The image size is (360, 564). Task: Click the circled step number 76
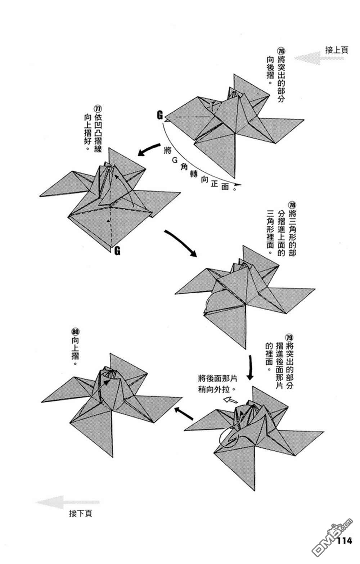coord(281,51)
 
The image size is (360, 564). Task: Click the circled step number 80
coord(76,331)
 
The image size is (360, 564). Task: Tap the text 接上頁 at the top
coord(337,50)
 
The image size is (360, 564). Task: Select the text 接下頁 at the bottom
coord(81,513)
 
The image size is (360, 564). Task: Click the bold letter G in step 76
coord(160,115)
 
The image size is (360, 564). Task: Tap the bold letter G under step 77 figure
coord(117,251)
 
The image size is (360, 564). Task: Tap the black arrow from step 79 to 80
coord(184,414)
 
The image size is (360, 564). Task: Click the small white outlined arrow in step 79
coord(230,400)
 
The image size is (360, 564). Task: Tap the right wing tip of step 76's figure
coord(303,120)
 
